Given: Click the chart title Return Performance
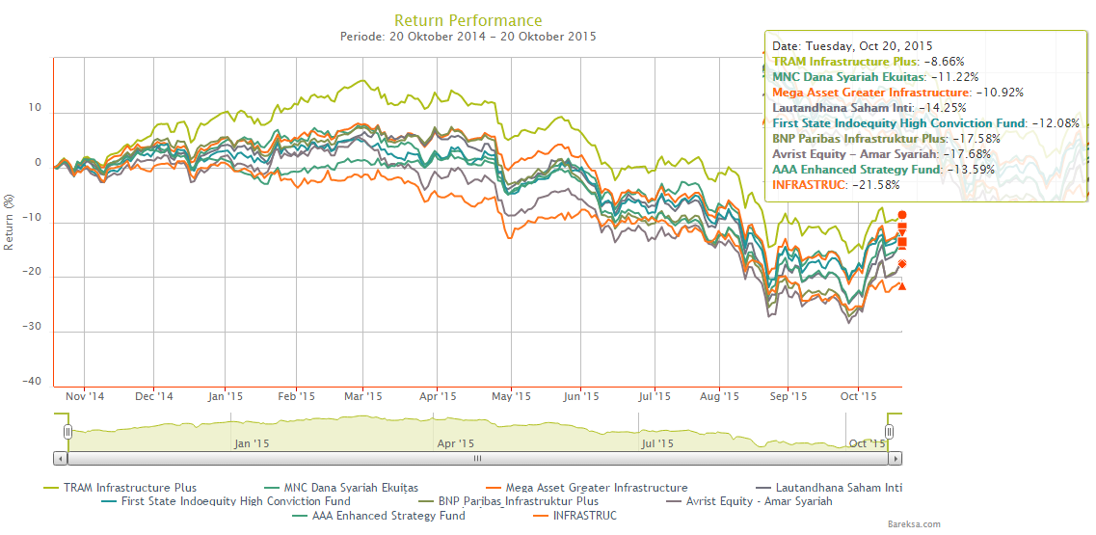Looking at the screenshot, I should [x=468, y=20].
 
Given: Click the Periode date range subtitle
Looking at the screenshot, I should [x=468, y=37].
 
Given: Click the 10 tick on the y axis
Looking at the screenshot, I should [x=37, y=108].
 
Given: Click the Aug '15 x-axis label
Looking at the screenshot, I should [x=719, y=396].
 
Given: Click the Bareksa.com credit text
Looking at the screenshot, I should [x=914, y=523].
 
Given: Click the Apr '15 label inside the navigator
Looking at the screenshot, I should [x=455, y=443].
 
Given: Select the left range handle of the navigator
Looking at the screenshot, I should [x=68, y=431].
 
